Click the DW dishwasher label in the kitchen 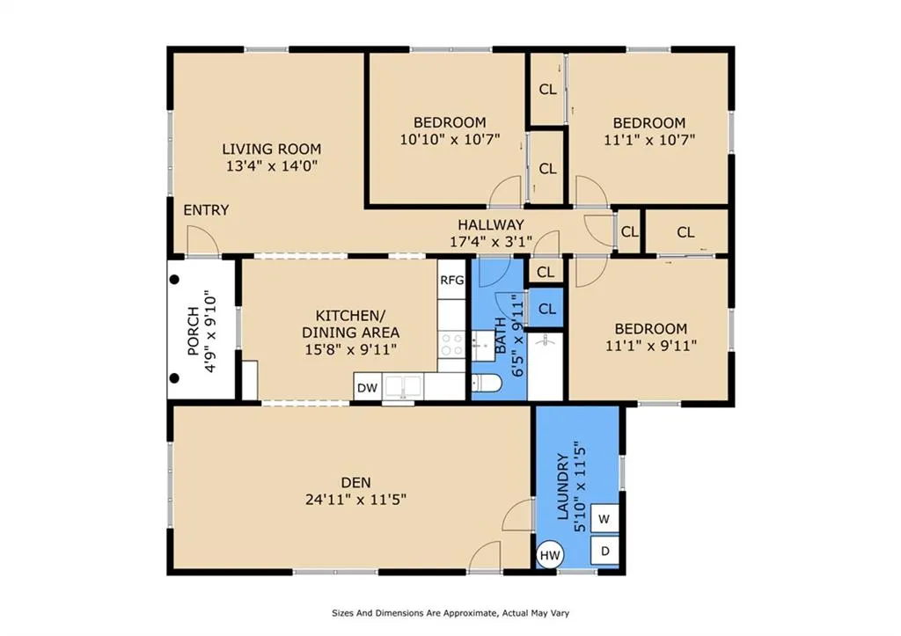[367, 387]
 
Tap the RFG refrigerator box [451, 280]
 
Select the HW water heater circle [550, 555]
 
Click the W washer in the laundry [604, 519]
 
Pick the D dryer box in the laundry [604, 551]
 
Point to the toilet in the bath [487, 382]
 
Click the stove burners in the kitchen [451, 344]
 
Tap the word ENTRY [206, 210]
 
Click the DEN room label [355, 483]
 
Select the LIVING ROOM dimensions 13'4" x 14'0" [272, 166]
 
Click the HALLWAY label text [491, 224]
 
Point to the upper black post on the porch [175, 279]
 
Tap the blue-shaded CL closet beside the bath [546, 309]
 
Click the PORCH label [193, 331]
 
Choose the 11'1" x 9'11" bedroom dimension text [651, 346]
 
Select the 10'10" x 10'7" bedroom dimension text [450, 139]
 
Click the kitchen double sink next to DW [403, 386]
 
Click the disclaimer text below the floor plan [450, 613]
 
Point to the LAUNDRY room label [563, 486]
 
